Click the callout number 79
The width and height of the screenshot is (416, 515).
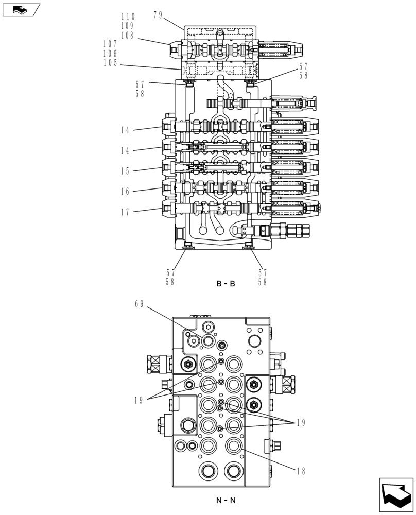(x=158, y=15)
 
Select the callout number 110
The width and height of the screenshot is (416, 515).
(x=128, y=16)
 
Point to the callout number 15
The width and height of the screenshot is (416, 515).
(x=125, y=171)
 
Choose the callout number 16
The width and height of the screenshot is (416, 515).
(x=125, y=192)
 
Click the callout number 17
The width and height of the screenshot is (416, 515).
(x=125, y=212)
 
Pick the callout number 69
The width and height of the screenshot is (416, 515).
(x=140, y=304)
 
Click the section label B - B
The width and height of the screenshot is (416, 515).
(x=226, y=283)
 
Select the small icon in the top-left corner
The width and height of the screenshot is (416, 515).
(x=21, y=9)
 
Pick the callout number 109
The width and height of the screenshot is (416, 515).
(x=128, y=26)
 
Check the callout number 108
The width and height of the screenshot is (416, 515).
(x=128, y=36)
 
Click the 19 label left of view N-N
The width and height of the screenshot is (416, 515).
(x=140, y=400)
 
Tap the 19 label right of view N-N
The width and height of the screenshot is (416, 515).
(x=300, y=423)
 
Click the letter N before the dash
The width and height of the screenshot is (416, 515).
(x=219, y=500)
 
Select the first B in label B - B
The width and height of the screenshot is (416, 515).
(x=218, y=283)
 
